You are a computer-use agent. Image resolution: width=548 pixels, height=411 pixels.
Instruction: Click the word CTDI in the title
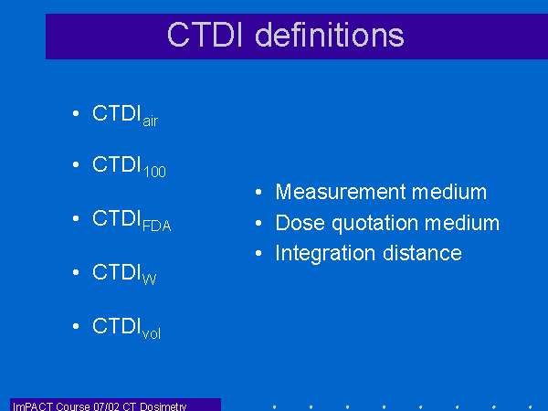click(x=205, y=35)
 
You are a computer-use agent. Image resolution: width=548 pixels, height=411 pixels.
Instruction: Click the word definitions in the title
click(x=330, y=35)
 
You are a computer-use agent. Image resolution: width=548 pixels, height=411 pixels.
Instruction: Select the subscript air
click(x=151, y=121)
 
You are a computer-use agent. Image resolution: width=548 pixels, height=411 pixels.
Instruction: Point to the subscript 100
click(x=155, y=172)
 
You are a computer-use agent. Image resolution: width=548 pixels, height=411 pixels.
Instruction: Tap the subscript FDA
click(x=156, y=226)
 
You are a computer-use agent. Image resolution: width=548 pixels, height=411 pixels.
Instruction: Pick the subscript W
click(x=149, y=279)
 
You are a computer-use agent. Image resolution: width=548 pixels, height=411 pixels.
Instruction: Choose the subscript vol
click(x=152, y=333)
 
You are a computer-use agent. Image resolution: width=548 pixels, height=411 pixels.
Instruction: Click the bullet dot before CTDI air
click(x=76, y=113)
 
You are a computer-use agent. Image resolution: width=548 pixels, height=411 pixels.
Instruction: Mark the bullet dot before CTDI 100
click(x=76, y=164)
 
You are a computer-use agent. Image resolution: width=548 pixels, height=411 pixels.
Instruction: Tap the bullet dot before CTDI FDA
click(x=76, y=218)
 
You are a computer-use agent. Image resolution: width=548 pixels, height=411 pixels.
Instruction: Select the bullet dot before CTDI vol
click(x=76, y=326)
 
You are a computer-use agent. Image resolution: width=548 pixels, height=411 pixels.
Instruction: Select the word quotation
click(x=375, y=224)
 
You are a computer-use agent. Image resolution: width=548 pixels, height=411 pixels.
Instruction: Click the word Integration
click(x=326, y=254)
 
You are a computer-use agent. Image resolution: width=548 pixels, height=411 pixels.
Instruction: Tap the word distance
click(x=422, y=253)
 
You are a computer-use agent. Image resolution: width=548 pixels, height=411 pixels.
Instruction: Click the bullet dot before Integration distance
click(x=258, y=253)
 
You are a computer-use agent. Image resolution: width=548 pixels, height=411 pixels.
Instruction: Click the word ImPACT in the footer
click(x=33, y=406)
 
